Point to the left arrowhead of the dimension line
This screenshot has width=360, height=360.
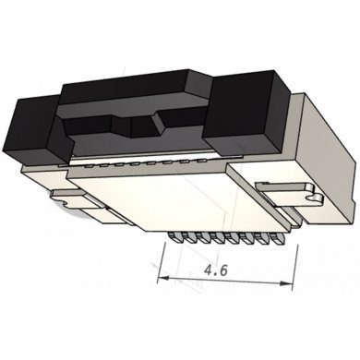pos(162,277)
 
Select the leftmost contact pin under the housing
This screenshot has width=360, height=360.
pos(171,239)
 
